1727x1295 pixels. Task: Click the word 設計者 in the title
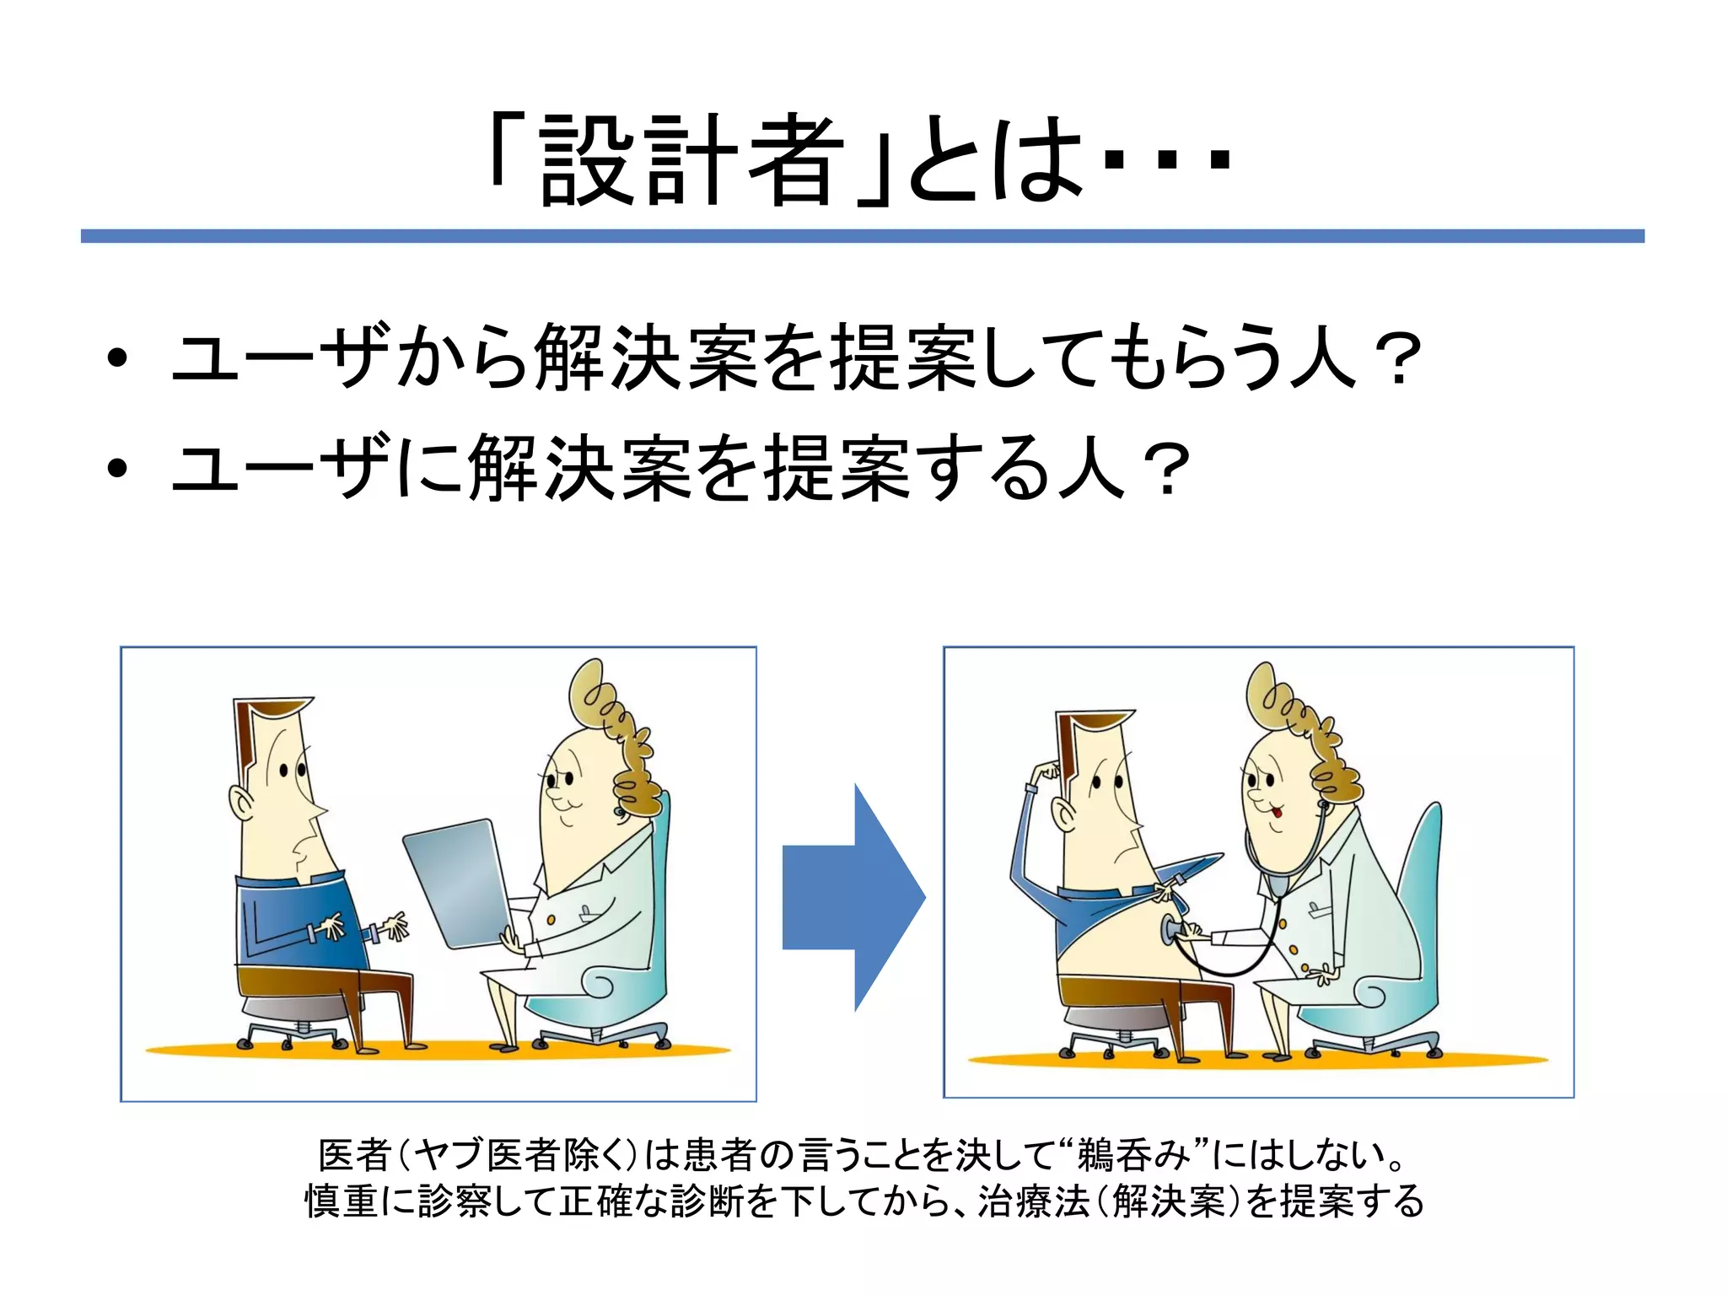click(x=691, y=160)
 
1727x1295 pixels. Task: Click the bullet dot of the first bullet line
click(x=118, y=359)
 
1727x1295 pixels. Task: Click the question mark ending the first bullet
click(x=1396, y=361)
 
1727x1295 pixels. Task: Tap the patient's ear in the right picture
click(x=1065, y=815)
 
